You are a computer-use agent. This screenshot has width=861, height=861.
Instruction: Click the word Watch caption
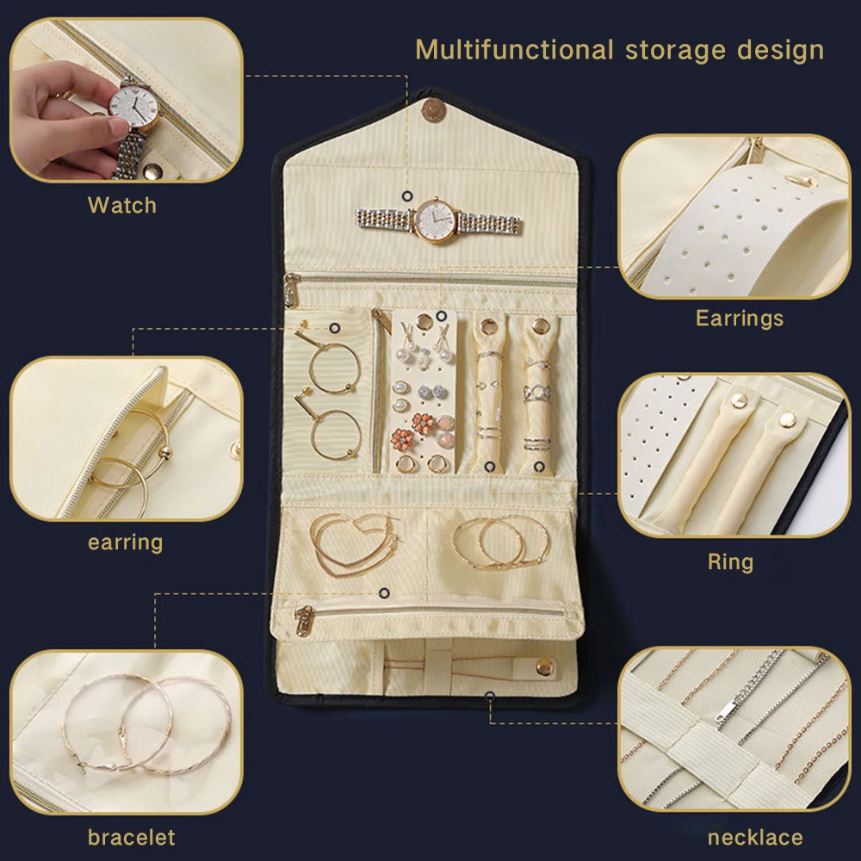(x=122, y=206)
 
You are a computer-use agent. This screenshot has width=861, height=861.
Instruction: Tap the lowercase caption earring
(x=125, y=542)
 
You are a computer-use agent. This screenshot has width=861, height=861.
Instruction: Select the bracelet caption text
(x=131, y=838)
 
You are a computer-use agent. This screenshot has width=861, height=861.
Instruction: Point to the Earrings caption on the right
(x=740, y=319)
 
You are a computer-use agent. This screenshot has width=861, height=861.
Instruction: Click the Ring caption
(x=730, y=561)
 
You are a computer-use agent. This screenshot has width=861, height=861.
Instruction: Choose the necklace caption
(x=755, y=838)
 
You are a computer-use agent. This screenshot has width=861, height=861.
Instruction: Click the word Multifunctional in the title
(x=514, y=50)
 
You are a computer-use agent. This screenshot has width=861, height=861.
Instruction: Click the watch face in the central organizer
(x=436, y=220)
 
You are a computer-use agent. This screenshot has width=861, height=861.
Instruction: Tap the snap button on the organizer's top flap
(x=433, y=110)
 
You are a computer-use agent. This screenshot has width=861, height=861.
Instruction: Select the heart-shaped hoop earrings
(x=354, y=544)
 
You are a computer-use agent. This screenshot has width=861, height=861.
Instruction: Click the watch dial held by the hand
(x=133, y=104)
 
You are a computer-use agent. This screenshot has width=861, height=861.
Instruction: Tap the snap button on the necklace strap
(x=545, y=668)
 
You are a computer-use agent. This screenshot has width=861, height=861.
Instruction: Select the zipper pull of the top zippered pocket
(x=290, y=290)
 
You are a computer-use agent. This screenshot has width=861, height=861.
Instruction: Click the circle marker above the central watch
(x=407, y=196)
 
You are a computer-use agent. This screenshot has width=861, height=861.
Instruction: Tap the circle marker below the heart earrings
(x=384, y=593)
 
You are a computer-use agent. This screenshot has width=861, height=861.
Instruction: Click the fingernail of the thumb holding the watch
(x=117, y=127)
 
